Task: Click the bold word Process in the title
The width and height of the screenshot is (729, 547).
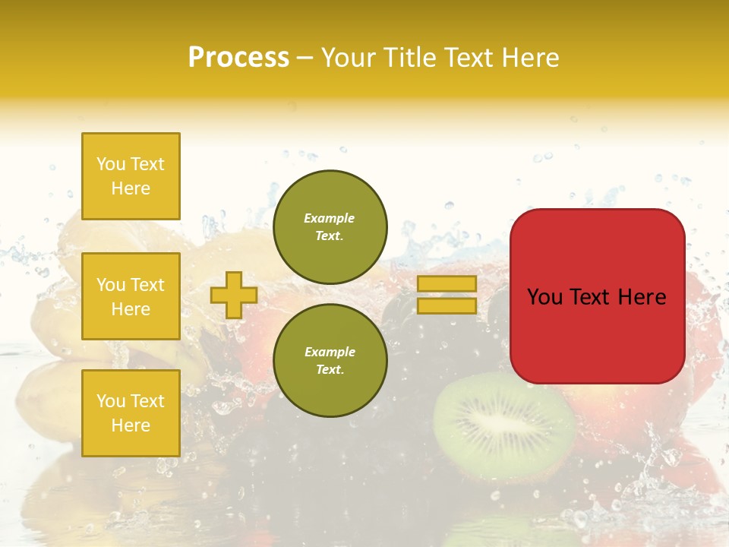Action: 238,58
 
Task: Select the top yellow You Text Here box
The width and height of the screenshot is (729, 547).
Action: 131,176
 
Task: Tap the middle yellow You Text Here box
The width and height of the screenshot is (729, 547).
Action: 131,296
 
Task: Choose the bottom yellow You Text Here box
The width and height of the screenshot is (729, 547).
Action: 131,413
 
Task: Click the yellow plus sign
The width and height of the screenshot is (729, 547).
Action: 234,296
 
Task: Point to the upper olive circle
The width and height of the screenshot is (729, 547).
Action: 330,226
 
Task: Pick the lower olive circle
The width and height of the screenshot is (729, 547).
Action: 330,360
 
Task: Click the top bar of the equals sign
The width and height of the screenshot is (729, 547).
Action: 447,283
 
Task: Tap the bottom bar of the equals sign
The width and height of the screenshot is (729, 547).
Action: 447,306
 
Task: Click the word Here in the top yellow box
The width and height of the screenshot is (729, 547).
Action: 131,188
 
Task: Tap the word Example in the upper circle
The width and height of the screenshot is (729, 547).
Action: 330,218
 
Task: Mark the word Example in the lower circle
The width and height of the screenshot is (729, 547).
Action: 330,352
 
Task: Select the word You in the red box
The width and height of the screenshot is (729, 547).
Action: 544,297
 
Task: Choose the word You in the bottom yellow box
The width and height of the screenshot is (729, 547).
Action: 111,401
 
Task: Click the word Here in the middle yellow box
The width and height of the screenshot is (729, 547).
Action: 131,309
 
